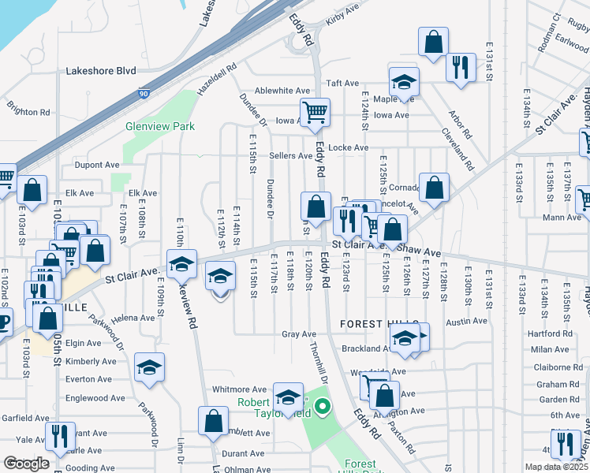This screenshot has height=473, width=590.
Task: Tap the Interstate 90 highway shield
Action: (144, 93)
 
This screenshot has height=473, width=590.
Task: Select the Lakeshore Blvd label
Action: (101, 70)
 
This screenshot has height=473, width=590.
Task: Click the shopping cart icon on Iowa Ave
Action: (315, 112)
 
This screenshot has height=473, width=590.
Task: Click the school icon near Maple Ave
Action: (404, 81)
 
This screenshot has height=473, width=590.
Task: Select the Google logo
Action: (26, 464)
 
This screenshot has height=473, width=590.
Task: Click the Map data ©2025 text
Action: (557, 467)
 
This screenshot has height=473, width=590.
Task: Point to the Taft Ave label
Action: (342, 83)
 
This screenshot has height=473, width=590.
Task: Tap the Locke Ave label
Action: (349, 147)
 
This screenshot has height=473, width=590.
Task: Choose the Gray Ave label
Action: (299, 334)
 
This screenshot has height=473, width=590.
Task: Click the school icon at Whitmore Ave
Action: (289, 397)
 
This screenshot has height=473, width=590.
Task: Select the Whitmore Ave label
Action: (240, 389)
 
